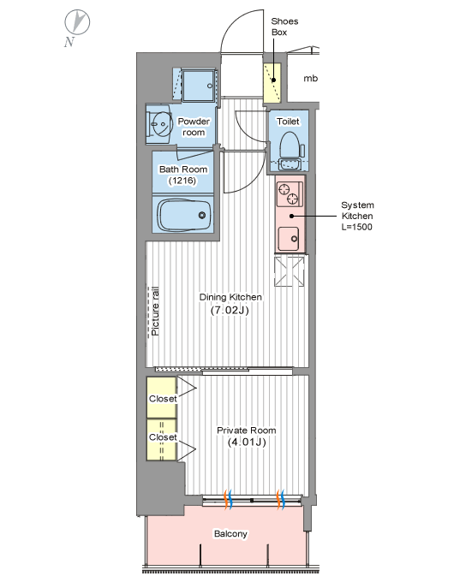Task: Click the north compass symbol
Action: [77, 22]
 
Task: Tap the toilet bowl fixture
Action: [290, 145]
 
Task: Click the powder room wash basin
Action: [162, 124]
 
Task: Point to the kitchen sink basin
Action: [289, 238]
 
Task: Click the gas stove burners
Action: [289, 194]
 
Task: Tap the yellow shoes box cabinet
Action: [272, 83]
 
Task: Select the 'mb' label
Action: [311, 79]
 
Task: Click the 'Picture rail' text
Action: [155, 312]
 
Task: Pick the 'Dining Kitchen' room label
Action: [230, 297]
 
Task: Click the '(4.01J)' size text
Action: [247, 442]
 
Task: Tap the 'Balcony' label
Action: [230, 534]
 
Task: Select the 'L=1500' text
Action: [356, 227]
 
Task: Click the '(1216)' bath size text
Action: [182, 181]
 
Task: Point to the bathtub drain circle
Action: [202, 215]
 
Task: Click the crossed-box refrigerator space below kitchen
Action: [290, 271]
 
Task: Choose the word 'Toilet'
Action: [288, 122]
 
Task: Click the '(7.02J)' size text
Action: [230, 310]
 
